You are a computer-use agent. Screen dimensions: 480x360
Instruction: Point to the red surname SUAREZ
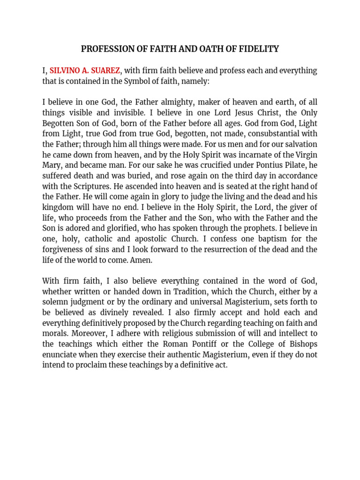pos(105,71)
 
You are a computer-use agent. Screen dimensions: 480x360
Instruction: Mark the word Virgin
pos(305,155)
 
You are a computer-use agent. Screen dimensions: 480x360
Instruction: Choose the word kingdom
pos(57,207)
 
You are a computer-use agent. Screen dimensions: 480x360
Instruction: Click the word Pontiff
pos(219,344)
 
